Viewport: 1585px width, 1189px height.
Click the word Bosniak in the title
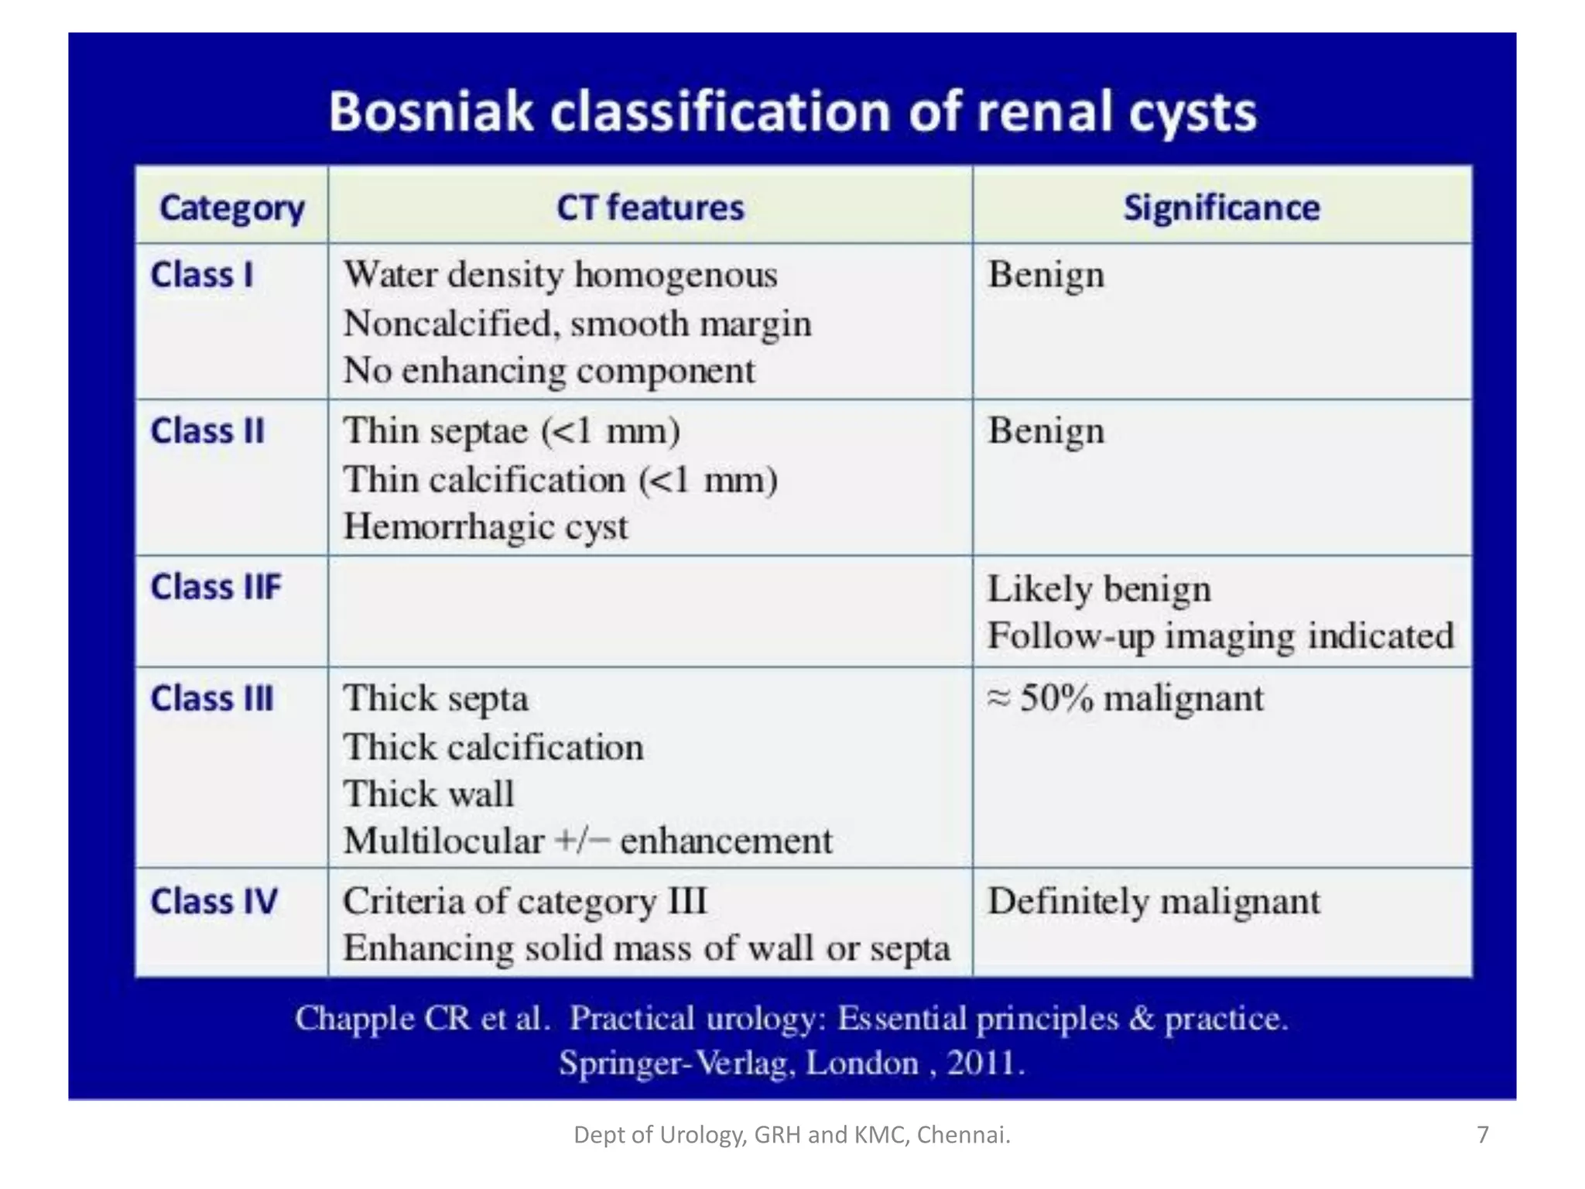click(430, 111)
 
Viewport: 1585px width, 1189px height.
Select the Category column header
click(231, 208)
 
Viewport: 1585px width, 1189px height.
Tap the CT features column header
click(650, 208)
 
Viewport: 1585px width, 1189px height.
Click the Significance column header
click(1221, 208)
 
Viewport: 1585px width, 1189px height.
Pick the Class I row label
click(202, 275)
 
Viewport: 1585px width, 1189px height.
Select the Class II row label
click(207, 431)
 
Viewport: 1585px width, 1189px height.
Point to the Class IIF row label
click(216, 587)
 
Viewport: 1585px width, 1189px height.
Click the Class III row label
click(212, 698)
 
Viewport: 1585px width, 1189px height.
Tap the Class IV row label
click(214, 901)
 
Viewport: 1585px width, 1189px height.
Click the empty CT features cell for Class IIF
click(650, 612)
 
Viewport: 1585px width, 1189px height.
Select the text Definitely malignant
click(1153, 902)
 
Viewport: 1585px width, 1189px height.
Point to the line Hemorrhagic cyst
click(485, 527)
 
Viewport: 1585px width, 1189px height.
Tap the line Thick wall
click(429, 793)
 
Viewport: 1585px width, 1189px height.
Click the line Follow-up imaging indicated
click(1220, 636)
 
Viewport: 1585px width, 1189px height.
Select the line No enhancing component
click(549, 370)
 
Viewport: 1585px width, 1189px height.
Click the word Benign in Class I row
click(1046, 275)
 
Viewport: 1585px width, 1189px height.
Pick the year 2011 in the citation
click(981, 1063)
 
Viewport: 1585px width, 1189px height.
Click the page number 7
click(1482, 1135)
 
